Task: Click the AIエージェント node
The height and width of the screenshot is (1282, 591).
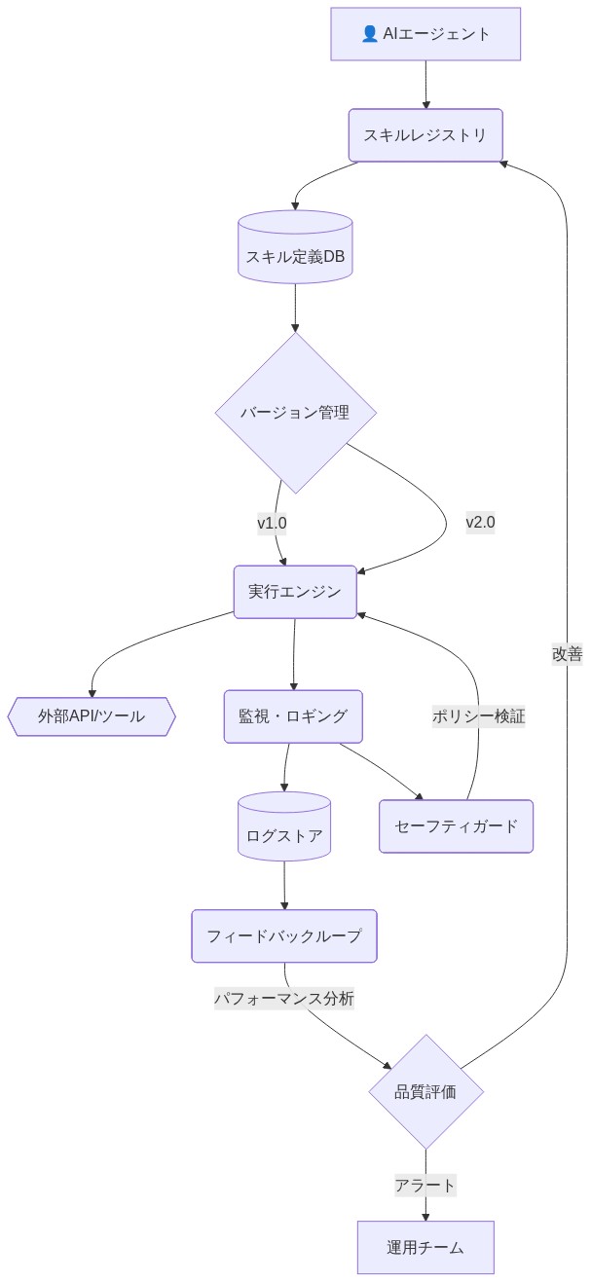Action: click(425, 34)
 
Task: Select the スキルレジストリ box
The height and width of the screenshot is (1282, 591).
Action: click(425, 135)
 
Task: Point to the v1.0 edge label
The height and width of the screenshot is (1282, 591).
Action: click(272, 524)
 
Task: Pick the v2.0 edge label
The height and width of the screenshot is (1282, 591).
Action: click(480, 522)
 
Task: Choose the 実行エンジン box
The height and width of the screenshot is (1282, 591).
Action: click(295, 591)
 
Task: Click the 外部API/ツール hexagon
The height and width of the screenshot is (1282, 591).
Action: click(92, 716)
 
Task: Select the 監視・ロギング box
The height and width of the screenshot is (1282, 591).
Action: click(293, 716)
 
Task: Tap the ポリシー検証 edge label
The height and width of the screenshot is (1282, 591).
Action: click(479, 716)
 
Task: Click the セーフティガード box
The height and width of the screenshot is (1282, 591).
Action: click(457, 826)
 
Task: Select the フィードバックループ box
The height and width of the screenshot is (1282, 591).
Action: click(284, 936)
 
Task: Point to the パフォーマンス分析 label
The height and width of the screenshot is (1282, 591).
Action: click(284, 999)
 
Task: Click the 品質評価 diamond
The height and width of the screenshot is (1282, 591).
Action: click(425, 1091)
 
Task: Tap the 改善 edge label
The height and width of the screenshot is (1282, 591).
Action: click(567, 654)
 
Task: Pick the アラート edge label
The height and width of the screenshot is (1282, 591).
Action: click(425, 1185)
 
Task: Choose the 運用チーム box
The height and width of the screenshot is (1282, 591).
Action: click(425, 1247)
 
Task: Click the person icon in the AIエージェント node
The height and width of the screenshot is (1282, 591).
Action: click(369, 34)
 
